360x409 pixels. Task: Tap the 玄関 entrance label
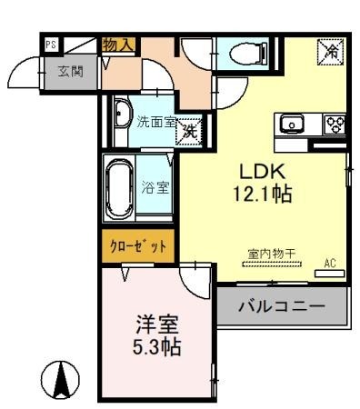71,71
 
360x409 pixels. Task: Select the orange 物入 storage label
118,43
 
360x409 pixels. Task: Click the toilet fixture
244,54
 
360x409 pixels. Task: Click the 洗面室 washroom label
155,121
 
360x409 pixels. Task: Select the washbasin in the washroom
121,115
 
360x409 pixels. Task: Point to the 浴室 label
155,188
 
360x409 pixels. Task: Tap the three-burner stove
332,125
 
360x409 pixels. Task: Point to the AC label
331,264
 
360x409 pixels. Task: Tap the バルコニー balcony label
281,306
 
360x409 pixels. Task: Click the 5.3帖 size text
157,346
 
